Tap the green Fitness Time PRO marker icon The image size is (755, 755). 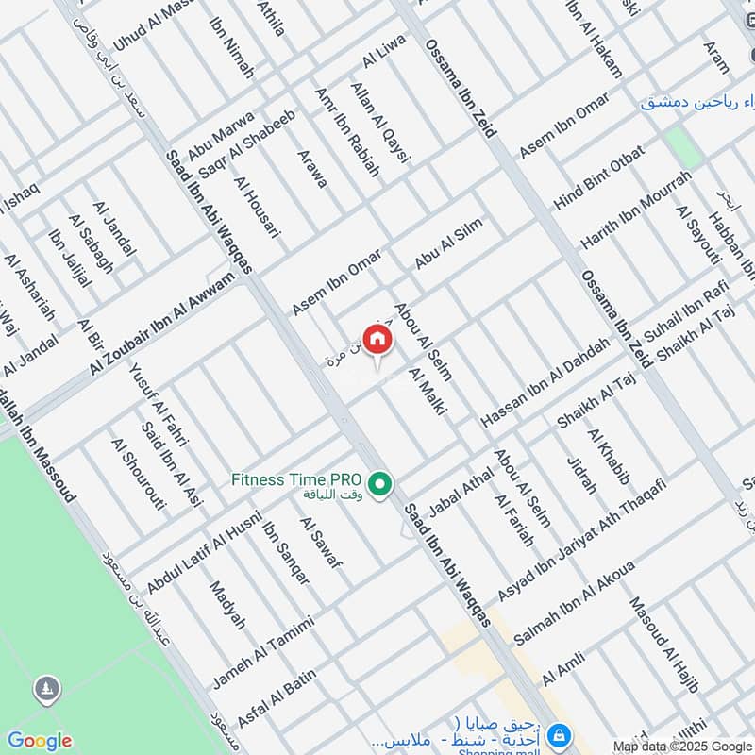tap(379, 485)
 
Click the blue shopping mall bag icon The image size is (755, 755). tap(559, 733)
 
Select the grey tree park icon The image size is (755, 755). tap(44, 690)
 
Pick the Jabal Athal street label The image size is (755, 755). tap(461, 491)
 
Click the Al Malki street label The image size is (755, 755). tap(427, 392)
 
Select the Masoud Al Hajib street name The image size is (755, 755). tap(663, 646)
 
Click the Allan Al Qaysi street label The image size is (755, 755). tap(379, 124)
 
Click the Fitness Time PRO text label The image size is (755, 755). tap(297, 479)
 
